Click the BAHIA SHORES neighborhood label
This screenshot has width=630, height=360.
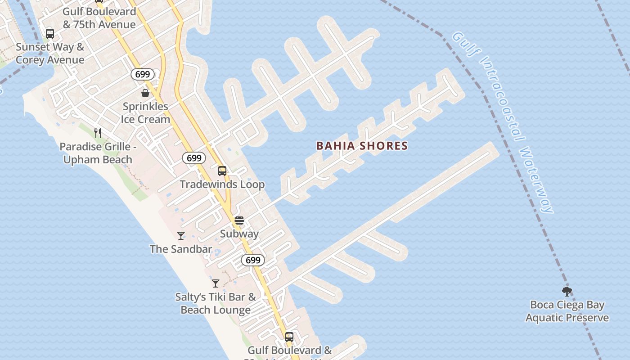point(362,146)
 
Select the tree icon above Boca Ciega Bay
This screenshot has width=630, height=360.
point(567,292)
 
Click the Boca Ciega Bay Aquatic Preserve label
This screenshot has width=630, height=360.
point(567,311)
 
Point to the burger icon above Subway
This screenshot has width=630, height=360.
point(239,220)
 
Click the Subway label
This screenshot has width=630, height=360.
point(239,234)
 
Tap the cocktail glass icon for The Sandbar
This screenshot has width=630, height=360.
point(181,235)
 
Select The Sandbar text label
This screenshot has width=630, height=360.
point(181,249)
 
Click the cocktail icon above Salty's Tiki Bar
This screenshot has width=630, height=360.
point(216,283)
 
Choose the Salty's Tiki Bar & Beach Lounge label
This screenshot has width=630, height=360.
point(216,303)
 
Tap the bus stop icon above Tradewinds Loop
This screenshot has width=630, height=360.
point(222,171)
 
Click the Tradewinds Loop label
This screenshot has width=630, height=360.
point(222,184)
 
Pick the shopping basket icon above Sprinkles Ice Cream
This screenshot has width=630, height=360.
point(145,93)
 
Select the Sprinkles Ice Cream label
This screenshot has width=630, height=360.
point(145,112)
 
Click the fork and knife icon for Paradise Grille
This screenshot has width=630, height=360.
point(98,133)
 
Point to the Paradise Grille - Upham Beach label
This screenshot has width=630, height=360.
point(98,153)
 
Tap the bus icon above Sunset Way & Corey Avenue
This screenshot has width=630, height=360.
point(50,34)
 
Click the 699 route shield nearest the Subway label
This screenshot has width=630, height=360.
point(253,260)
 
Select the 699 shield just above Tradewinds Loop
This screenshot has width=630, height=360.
point(194,158)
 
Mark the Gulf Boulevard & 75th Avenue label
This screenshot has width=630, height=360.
point(99,18)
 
